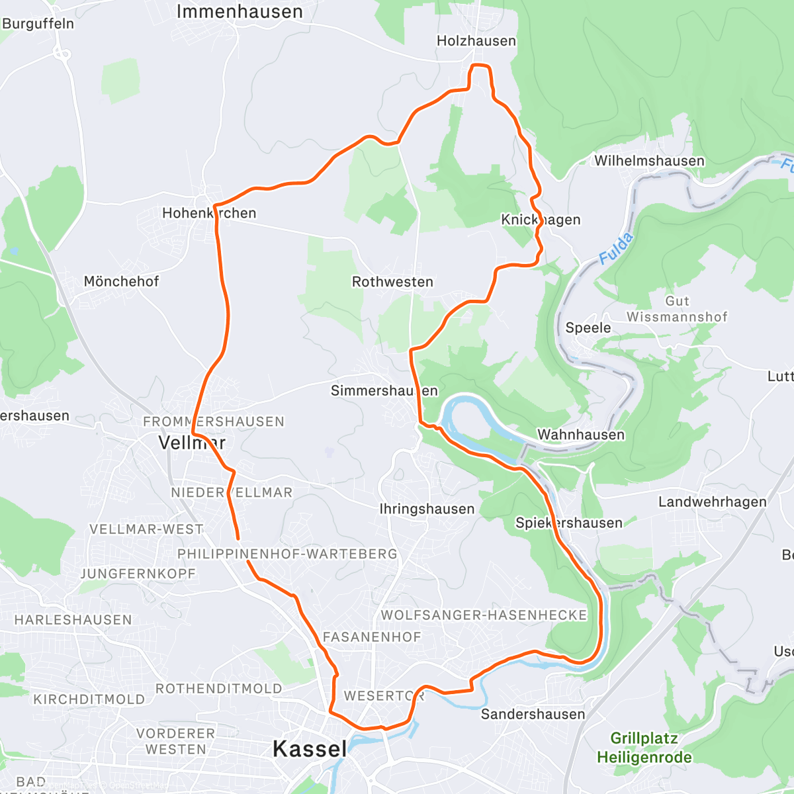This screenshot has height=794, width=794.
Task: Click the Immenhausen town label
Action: (240, 12)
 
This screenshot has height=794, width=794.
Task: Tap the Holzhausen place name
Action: (476, 41)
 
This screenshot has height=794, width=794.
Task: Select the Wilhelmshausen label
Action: (649, 161)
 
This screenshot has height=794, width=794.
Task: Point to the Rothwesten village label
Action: (392, 282)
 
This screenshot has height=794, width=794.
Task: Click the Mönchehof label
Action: (121, 281)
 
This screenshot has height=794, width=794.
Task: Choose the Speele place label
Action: (588, 328)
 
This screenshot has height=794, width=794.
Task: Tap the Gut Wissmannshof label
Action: (677, 309)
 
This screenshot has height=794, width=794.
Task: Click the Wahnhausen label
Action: (581, 435)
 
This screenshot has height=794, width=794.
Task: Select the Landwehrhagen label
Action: (713, 502)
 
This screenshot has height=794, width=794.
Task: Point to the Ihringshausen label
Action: (427, 509)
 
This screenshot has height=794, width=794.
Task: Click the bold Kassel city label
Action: (310, 749)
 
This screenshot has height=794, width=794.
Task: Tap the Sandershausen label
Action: (533, 714)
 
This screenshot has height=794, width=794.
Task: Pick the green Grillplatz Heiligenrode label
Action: (644, 748)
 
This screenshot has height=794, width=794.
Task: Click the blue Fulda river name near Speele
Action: (615, 249)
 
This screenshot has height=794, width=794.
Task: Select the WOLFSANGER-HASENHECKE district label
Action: (484, 615)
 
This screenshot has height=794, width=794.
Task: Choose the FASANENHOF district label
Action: (372, 637)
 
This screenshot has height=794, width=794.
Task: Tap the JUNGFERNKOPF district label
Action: (138, 574)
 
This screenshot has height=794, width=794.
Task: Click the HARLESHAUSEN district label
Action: (73, 620)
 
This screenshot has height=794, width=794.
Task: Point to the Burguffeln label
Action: (38, 24)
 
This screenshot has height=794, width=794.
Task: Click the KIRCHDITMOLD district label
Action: (89, 699)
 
